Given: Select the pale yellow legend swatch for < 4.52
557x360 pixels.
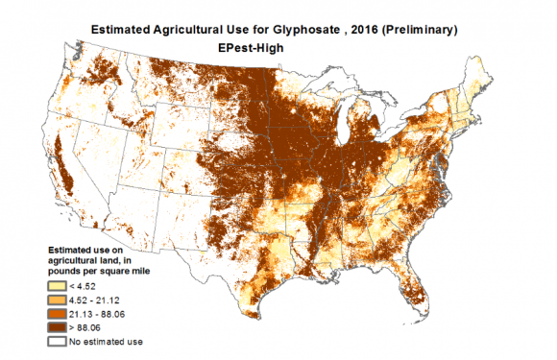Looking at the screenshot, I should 60,284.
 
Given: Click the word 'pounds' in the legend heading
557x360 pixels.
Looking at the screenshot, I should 67,271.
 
